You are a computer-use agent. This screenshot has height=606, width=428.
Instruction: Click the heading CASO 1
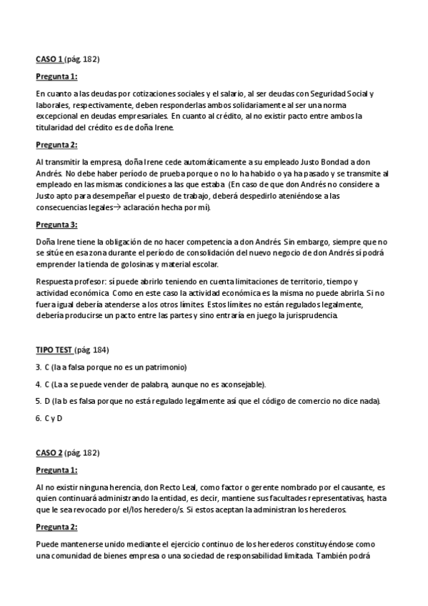point(49,59)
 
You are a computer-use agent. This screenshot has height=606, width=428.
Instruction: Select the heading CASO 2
point(49,452)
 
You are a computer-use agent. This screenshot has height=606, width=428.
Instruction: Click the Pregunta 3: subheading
point(56,224)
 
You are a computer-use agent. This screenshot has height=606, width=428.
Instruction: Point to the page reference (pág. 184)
point(92,349)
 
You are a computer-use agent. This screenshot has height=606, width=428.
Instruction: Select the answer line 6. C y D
point(49,418)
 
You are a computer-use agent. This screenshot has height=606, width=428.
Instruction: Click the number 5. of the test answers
point(38,401)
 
